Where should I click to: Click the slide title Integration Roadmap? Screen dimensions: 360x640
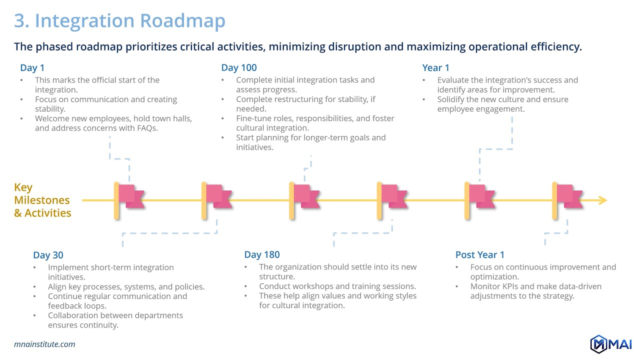119,21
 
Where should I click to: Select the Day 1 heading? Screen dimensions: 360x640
32,68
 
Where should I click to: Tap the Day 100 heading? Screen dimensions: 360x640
239,68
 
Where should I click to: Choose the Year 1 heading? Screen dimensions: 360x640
436,68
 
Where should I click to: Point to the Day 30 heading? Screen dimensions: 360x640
48,255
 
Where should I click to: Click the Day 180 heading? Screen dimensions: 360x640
262,255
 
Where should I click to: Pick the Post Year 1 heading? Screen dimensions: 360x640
480,255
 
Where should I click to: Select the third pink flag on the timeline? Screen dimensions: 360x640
305,196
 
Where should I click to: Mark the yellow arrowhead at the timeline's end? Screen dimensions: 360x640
602,200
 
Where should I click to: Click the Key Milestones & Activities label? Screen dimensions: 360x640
42,200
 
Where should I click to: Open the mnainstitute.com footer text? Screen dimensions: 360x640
44,344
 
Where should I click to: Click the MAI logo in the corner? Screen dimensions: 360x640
611,344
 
